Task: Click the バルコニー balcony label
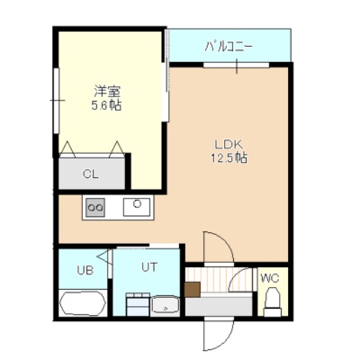(x=229, y=47)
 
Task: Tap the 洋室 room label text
(x=107, y=91)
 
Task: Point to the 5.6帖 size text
(x=106, y=105)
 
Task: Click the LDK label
(x=228, y=145)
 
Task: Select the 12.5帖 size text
(x=229, y=157)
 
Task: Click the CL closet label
(x=91, y=174)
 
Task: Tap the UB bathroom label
(x=85, y=270)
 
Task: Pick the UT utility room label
(x=149, y=266)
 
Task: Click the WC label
(x=270, y=278)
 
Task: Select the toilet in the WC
(x=273, y=301)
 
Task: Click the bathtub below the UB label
(x=83, y=302)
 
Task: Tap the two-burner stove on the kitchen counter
(x=95, y=207)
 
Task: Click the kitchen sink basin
(x=137, y=207)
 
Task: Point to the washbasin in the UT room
(x=165, y=306)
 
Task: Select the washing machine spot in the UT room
(x=138, y=304)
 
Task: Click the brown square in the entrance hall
(x=193, y=290)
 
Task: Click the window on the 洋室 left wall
(x=57, y=101)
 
